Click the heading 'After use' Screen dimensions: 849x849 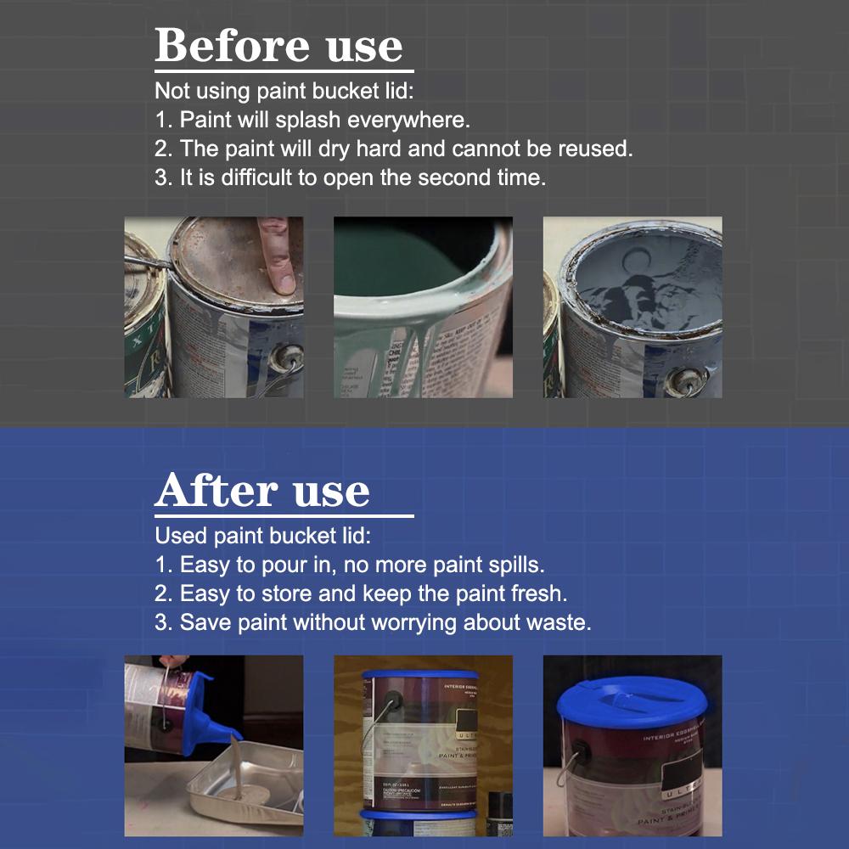pos(262,491)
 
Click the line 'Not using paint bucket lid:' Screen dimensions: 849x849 pos(284,91)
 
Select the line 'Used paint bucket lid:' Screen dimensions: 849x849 pos(263,536)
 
